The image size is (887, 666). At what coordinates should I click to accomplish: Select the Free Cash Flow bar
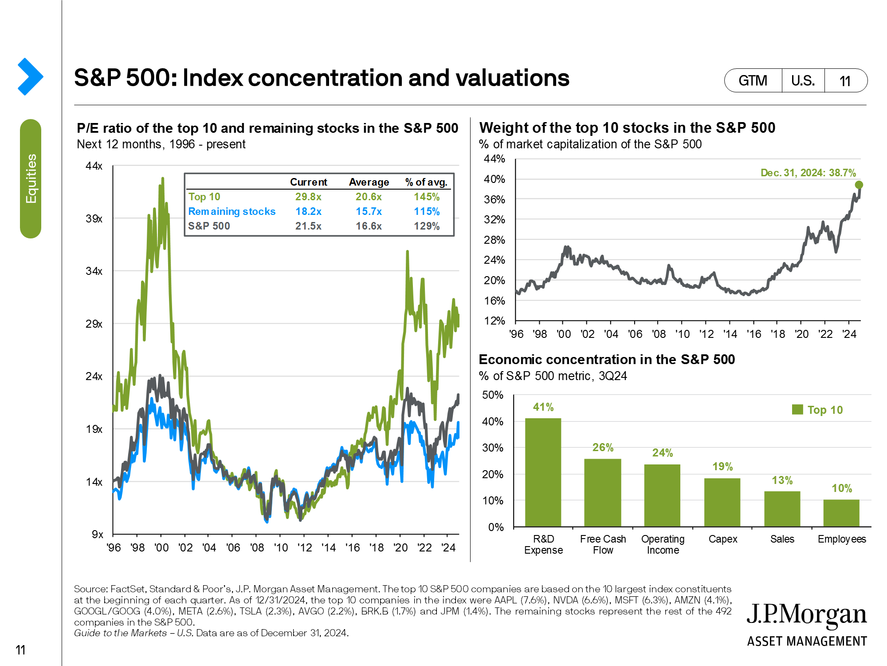click(x=602, y=492)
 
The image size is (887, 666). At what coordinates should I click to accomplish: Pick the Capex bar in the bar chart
click(x=722, y=502)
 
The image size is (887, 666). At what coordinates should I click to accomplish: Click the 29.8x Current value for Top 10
click(x=308, y=197)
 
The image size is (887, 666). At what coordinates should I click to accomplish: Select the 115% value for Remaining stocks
click(x=427, y=211)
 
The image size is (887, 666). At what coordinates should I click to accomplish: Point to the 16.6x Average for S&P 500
click(x=369, y=226)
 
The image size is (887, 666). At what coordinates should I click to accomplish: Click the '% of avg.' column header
click(x=426, y=182)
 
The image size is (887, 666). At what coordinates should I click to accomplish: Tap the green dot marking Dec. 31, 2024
click(x=859, y=185)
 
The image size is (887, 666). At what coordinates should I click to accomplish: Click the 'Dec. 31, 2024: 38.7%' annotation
click(x=808, y=173)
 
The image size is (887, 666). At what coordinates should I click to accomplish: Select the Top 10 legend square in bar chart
click(x=797, y=409)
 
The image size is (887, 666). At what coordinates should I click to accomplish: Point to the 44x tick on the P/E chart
click(x=94, y=166)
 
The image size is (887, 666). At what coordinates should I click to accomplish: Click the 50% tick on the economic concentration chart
click(x=493, y=395)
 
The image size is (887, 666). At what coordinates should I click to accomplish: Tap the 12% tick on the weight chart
click(x=495, y=321)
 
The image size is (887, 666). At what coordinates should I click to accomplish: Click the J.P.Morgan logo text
click(x=806, y=615)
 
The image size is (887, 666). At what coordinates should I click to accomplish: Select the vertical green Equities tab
click(x=31, y=178)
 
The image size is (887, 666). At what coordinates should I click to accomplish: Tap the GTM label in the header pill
click(x=753, y=81)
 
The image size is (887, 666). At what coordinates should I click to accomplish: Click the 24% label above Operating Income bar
click(x=662, y=453)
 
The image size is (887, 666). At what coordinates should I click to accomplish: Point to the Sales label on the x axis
click(x=782, y=539)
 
